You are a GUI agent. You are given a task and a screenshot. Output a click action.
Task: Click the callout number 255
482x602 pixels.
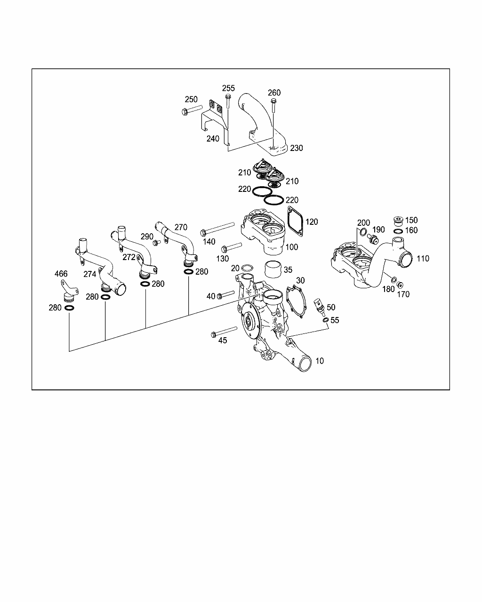(228, 88)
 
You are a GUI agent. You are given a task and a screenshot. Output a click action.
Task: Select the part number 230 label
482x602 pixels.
(297, 148)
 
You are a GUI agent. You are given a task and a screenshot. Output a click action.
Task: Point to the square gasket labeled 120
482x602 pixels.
(295, 222)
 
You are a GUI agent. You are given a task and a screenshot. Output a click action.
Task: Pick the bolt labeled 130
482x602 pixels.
(231, 247)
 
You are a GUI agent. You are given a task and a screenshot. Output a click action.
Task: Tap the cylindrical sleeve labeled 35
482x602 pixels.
(273, 269)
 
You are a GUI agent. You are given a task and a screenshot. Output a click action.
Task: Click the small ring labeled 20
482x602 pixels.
(246, 268)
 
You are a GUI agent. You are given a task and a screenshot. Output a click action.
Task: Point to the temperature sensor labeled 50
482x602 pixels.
(319, 307)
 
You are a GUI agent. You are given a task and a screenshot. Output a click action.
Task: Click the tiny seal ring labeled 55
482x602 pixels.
(326, 320)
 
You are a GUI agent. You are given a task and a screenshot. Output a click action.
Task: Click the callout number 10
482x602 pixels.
(320, 361)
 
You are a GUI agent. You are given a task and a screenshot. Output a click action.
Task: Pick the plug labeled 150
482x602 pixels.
(398, 221)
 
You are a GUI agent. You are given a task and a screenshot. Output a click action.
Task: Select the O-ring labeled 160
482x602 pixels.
(398, 231)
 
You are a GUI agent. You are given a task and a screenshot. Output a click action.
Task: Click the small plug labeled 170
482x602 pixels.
(400, 285)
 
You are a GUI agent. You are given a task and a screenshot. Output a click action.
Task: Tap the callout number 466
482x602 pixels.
(61, 274)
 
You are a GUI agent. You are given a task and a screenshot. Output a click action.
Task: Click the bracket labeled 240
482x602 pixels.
(215, 123)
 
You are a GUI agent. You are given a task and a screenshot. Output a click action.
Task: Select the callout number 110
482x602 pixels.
(423, 259)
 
